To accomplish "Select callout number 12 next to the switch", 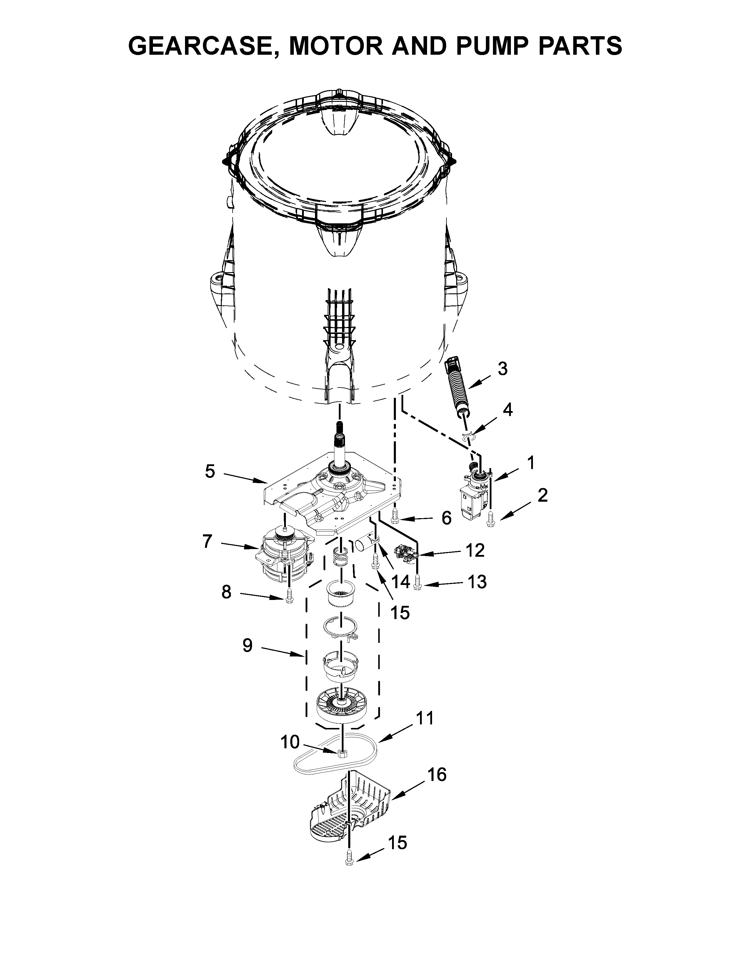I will click(475, 551).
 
